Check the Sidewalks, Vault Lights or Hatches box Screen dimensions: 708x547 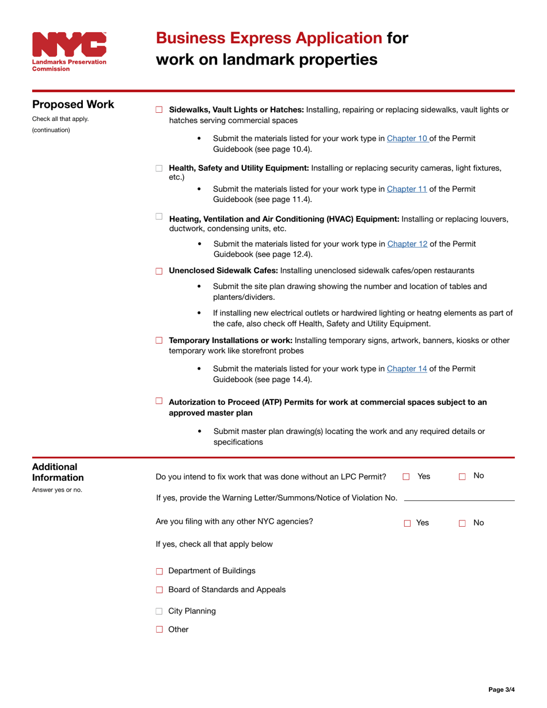point(159,110)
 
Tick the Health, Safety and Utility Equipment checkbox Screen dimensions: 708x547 point(159,169)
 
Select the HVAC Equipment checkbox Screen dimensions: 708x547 point(159,216)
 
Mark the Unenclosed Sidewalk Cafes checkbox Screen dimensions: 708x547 point(159,271)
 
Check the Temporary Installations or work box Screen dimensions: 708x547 point(159,341)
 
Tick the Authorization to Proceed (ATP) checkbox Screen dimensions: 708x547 point(159,401)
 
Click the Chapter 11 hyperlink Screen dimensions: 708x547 point(407,189)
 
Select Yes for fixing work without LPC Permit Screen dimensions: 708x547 point(406,477)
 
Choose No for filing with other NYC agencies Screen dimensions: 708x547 point(462,524)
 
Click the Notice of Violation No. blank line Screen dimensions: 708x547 point(459,498)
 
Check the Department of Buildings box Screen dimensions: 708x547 point(159,572)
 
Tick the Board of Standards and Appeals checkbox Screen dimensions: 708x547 point(159,591)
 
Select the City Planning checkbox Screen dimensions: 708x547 point(159,612)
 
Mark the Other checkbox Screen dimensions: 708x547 point(159,630)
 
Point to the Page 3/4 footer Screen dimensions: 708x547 point(502,690)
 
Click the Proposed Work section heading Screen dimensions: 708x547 point(73,105)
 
